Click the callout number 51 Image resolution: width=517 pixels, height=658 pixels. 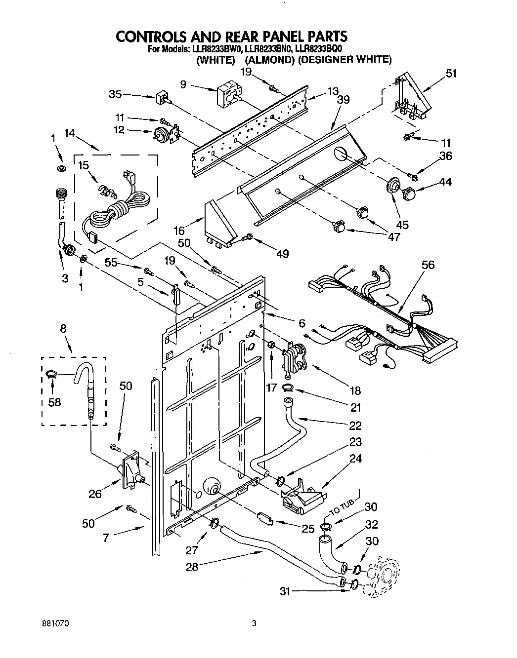tap(451, 74)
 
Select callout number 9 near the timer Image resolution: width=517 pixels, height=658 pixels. tap(183, 84)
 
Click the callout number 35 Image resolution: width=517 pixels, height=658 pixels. tap(116, 94)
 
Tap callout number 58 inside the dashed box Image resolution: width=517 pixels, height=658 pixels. tap(54, 402)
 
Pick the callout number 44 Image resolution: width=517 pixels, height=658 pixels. tap(445, 182)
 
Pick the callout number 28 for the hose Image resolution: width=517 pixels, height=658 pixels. tap(192, 567)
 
